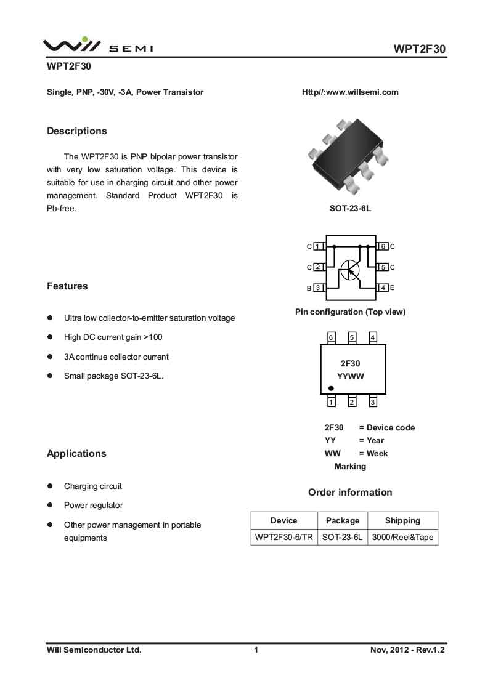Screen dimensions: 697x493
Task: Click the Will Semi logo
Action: pyautogui.click(x=97, y=45)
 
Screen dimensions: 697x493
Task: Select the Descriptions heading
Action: pyautogui.click(x=76, y=131)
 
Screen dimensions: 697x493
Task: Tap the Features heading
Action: pyautogui.click(x=67, y=286)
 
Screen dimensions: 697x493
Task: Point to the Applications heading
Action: pyautogui.click(x=76, y=454)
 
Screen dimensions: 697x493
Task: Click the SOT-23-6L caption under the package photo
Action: pyautogui.click(x=350, y=209)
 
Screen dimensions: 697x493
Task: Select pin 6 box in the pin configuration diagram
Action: pyautogui.click(x=383, y=246)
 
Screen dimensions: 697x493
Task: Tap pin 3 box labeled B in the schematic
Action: pyautogui.click(x=318, y=288)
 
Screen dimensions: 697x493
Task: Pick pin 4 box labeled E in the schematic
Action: pyautogui.click(x=383, y=288)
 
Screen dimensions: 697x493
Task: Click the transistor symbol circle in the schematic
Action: pyautogui.click(x=349, y=270)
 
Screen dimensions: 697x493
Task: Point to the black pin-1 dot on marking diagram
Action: pyautogui.click(x=331, y=389)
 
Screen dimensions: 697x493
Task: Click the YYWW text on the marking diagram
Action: pyautogui.click(x=350, y=376)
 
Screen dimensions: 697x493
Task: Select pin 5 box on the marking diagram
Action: pyautogui.click(x=352, y=337)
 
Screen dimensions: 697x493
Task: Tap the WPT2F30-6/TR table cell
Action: pyautogui.click(x=284, y=537)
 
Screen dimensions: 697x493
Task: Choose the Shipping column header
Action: pyautogui.click(x=402, y=520)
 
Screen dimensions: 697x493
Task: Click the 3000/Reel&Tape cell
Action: pyautogui.click(x=402, y=537)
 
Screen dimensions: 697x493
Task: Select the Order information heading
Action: pyautogui.click(x=350, y=493)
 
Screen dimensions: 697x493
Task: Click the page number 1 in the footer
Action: pyautogui.click(x=256, y=650)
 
